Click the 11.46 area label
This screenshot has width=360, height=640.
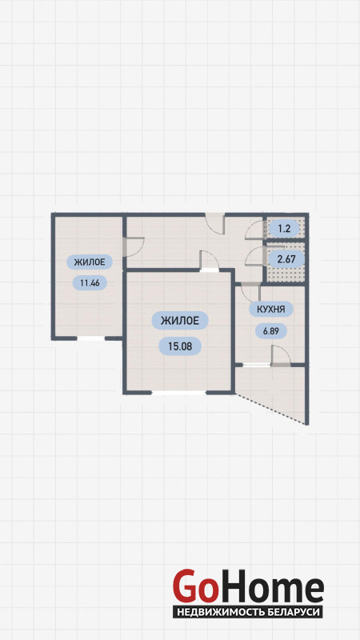[90, 282]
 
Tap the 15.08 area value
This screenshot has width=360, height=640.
[179, 346]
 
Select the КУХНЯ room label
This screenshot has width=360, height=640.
[270, 309]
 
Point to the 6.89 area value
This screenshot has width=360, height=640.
[271, 330]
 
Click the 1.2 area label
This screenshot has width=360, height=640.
[284, 228]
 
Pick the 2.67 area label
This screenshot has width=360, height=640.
[286, 258]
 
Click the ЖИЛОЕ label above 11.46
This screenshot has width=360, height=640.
[90, 262]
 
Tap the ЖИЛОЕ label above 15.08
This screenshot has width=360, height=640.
[180, 321]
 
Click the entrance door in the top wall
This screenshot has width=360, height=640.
[214, 224]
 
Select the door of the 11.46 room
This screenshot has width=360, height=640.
[134, 247]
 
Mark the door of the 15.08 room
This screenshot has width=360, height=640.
[209, 261]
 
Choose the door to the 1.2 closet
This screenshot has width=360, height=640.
[254, 230]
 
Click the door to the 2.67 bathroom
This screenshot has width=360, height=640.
[254, 256]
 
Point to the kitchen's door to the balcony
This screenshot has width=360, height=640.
[281, 355]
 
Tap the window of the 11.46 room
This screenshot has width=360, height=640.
[90, 338]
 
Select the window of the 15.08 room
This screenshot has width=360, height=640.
[179, 393]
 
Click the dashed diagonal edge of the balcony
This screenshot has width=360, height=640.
[270, 410]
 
